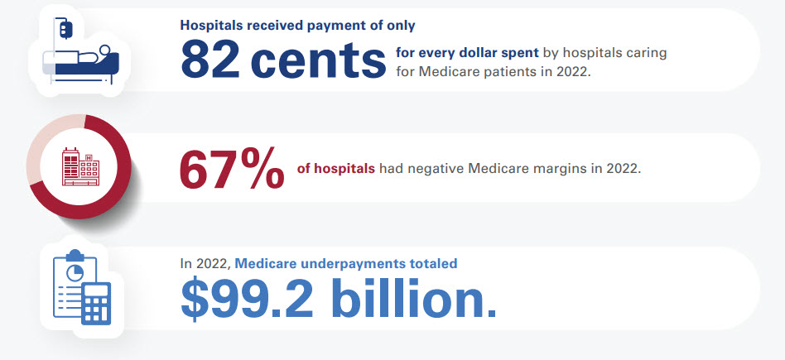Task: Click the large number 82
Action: [x=210, y=60]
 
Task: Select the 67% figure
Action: [x=231, y=170]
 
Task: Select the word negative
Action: [x=434, y=169]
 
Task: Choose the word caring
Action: [x=646, y=53]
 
